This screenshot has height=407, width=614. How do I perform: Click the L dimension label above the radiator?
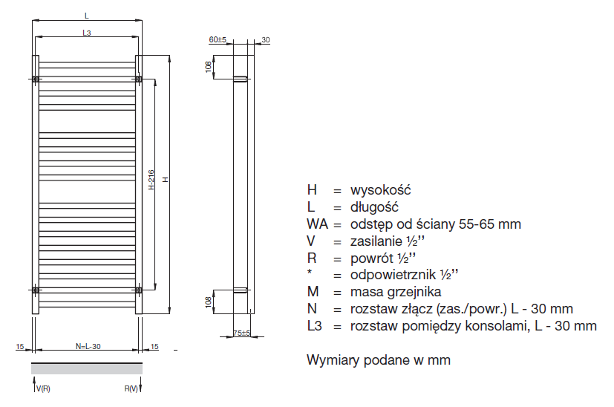[x=86, y=16]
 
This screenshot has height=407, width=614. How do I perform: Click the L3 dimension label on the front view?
[x=86, y=33]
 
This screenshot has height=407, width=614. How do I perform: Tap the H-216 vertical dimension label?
[x=151, y=180]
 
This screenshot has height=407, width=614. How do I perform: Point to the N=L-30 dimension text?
[x=88, y=346]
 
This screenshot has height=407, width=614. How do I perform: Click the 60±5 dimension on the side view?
[x=218, y=40]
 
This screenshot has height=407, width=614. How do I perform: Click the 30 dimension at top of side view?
[x=265, y=40]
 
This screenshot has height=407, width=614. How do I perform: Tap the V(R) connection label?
[x=43, y=389]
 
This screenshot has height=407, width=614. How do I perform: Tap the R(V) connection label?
[x=131, y=389]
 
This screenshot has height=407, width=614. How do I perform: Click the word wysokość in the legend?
[x=381, y=190]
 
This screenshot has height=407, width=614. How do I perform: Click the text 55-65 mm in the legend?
[x=491, y=224]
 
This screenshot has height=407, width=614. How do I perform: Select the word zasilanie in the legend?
[x=374, y=241]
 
